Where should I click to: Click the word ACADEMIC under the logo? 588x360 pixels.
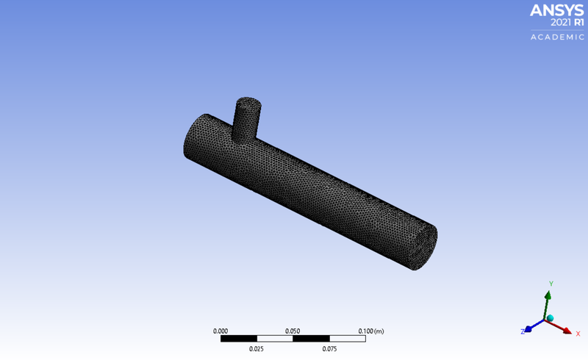(x=558, y=37)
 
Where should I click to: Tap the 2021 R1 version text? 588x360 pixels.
(x=565, y=22)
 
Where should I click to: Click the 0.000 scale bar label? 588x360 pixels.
(x=220, y=331)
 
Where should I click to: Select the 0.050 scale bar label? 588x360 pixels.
(x=293, y=331)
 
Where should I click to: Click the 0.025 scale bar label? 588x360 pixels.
(x=257, y=349)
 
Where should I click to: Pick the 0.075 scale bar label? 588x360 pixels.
(x=329, y=349)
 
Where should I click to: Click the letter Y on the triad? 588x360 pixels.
(x=551, y=283)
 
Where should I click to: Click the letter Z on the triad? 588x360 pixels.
(x=523, y=332)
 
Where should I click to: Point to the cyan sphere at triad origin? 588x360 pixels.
(x=550, y=318)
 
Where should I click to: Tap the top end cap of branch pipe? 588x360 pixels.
(x=248, y=105)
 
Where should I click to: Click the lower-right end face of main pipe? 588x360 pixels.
(x=424, y=247)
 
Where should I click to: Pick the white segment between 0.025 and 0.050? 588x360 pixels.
(x=274, y=339)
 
